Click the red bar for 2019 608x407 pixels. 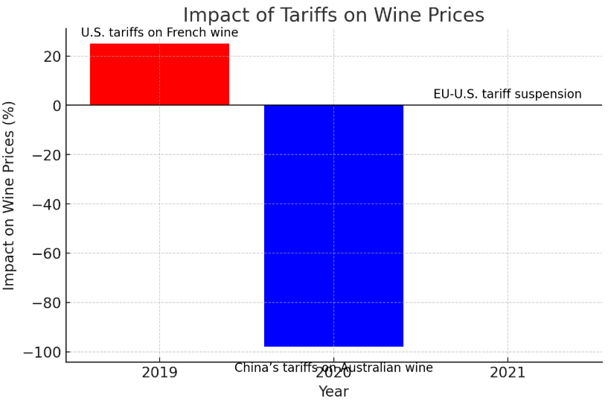tap(159, 74)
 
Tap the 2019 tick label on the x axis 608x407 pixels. tap(159, 373)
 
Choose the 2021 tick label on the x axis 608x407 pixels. tap(508, 373)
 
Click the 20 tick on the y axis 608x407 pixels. tap(51, 57)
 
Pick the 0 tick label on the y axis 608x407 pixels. tap(55, 106)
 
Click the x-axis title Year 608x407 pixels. tap(333, 392)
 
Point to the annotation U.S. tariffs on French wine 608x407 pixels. tap(159, 33)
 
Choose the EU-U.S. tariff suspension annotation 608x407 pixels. tap(508, 94)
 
